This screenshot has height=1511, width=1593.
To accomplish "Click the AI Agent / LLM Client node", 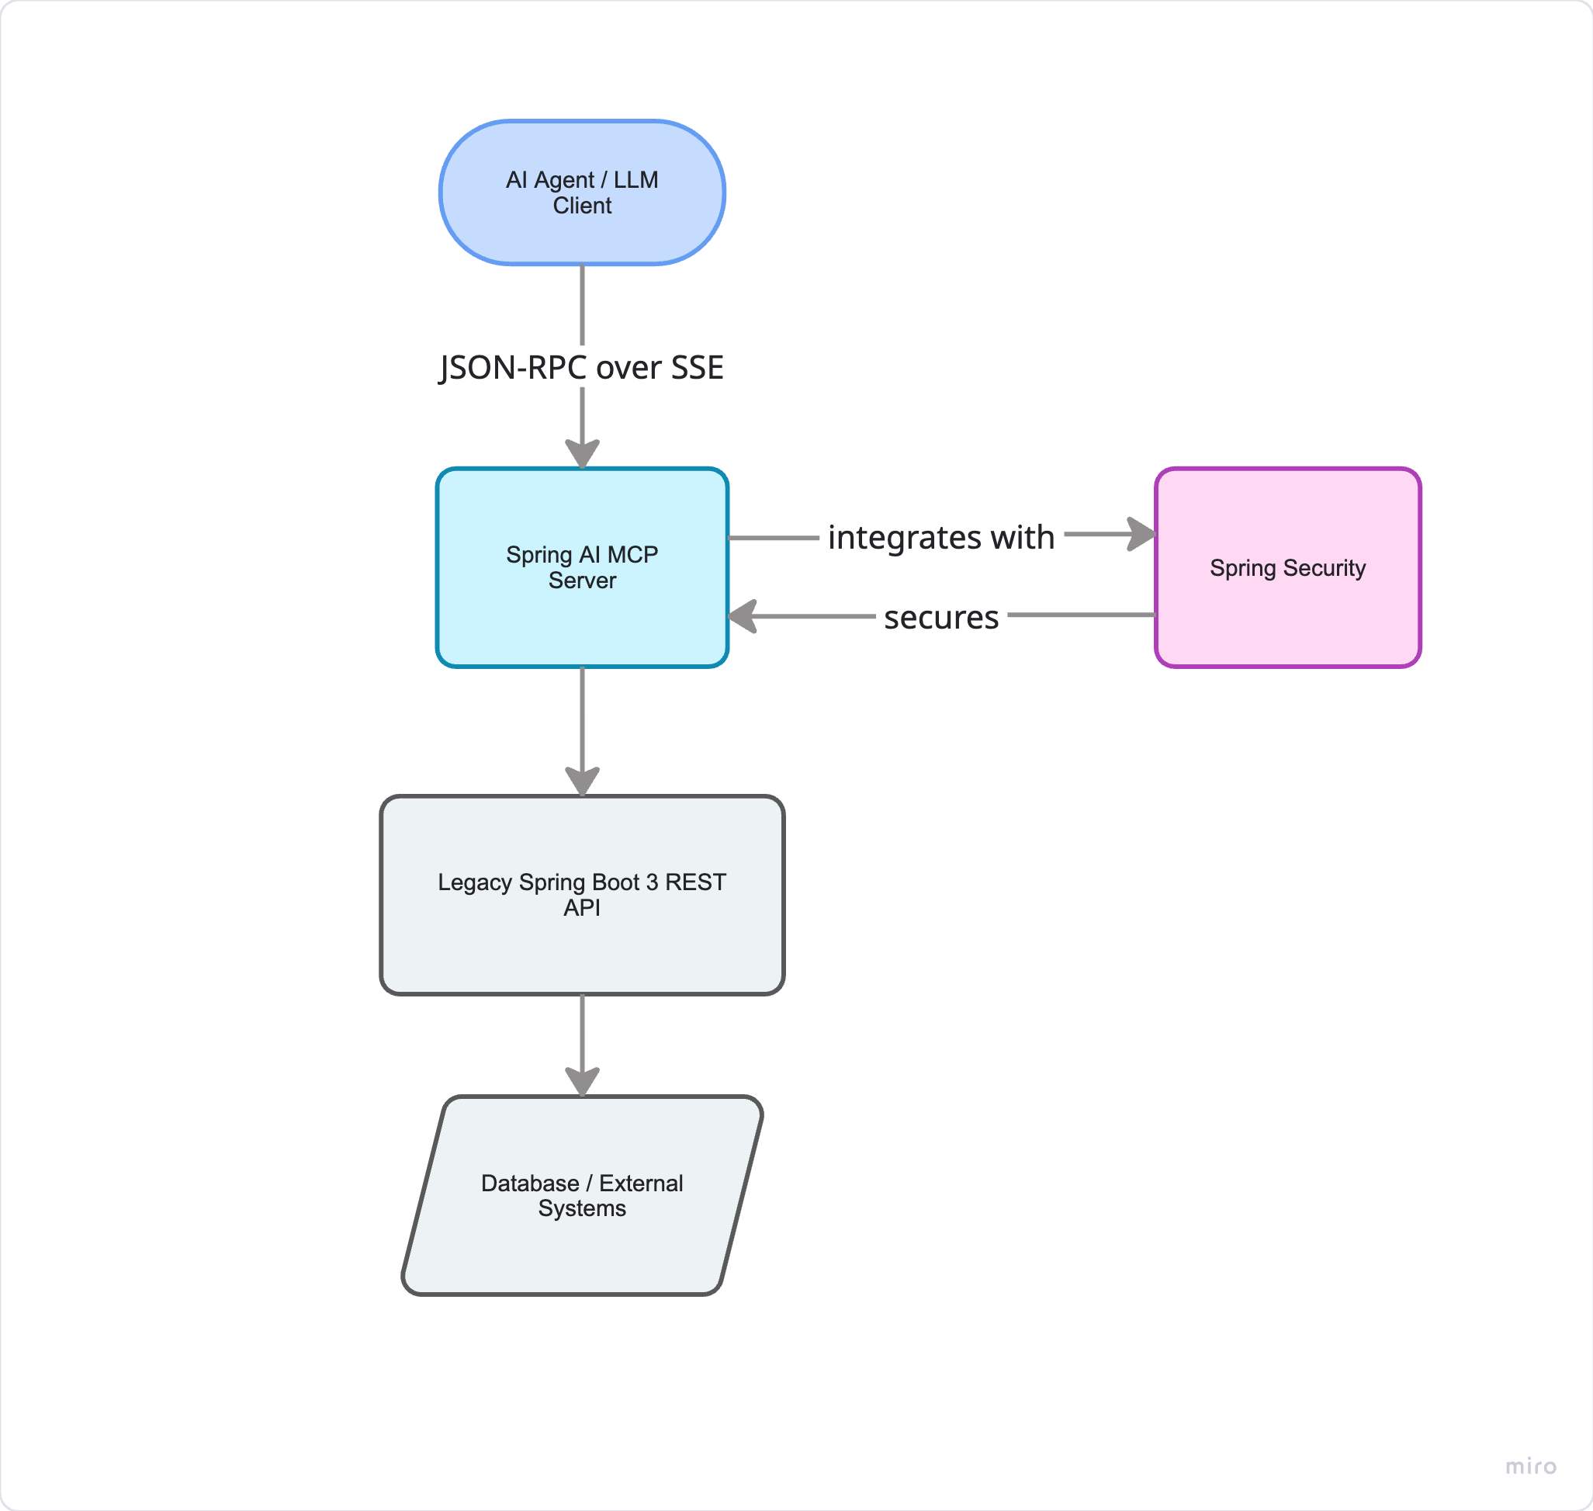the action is click(582, 192).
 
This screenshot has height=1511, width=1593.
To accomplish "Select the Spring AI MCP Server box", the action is click(582, 568).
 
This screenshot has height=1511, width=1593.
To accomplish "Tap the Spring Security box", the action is click(1288, 568).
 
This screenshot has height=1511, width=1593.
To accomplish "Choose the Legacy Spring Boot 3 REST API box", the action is click(582, 895).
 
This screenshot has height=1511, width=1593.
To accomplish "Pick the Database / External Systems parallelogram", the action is click(582, 1195).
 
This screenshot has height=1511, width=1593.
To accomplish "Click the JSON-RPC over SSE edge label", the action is click(581, 367).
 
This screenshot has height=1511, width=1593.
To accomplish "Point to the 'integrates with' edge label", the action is click(941, 537).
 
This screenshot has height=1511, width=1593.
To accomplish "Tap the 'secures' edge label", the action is click(941, 618).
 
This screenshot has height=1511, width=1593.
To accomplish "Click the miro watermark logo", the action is click(1531, 1466).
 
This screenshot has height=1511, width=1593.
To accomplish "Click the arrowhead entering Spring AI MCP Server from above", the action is click(582, 454).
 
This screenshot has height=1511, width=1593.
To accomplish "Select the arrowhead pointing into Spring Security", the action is click(1142, 534).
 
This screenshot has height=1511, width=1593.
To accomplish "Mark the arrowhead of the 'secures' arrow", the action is click(743, 616).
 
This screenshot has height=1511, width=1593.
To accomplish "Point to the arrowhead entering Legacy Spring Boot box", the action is click(582, 781).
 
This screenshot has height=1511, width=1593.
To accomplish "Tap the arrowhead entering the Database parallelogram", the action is click(582, 1082).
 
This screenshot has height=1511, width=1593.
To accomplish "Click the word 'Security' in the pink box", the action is click(1325, 569).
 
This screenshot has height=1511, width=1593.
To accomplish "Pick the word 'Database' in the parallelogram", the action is click(530, 1184).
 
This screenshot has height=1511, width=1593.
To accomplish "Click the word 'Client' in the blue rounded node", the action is click(582, 206).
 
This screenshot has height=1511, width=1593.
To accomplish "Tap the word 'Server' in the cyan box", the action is click(582, 580).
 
